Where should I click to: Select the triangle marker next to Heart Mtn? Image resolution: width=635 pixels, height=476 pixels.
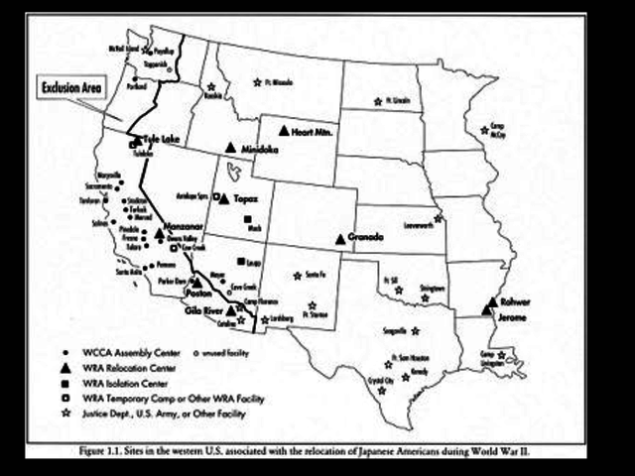tap(284, 131)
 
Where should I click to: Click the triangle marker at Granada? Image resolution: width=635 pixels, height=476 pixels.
tap(340, 238)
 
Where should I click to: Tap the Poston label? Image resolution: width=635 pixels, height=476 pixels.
tap(200, 294)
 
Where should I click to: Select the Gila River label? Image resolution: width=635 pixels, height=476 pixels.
tap(202, 310)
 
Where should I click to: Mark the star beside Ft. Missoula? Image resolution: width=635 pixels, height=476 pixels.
tap(258, 82)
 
